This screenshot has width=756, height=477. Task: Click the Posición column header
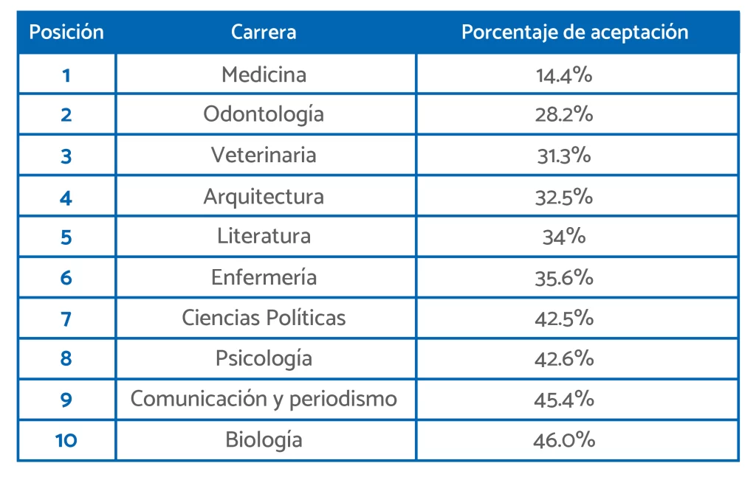pyautogui.click(x=66, y=32)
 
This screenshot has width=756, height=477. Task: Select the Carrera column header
pyautogui.click(x=264, y=32)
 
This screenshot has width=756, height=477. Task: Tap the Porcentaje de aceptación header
pyautogui.click(x=574, y=32)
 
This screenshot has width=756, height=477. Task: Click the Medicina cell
pyautogui.click(x=264, y=74)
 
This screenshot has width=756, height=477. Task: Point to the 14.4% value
pyautogui.click(x=565, y=74)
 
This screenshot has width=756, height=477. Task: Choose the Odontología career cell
pyautogui.click(x=264, y=115)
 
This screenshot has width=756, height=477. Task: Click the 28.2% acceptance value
pyautogui.click(x=565, y=115)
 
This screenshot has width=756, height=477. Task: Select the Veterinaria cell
pyautogui.click(x=264, y=156)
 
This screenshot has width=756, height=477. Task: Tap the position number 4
pyautogui.click(x=66, y=197)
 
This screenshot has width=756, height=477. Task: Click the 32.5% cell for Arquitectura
pyautogui.click(x=565, y=197)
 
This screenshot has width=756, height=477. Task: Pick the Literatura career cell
pyautogui.click(x=264, y=237)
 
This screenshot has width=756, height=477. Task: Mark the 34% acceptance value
pyautogui.click(x=565, y=237)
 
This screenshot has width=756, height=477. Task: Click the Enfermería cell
pyautogui.click(x=264, y=277)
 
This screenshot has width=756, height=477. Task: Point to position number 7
pyautogui.click(x=66, y=318)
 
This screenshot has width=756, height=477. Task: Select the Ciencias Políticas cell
pyautogui.click(x=264, y=318)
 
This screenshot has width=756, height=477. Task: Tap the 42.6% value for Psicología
pyautogui.click(x=565, y=358)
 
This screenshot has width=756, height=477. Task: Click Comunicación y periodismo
pyautogui.click(x=264, y=399)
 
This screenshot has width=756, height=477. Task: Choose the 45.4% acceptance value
pyautogui.click(x=565, y=399)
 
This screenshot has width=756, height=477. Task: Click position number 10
pyautogui.click(x=66, y=440)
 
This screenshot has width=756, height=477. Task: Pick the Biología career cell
pyautogui.click(x=264, y=440)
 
